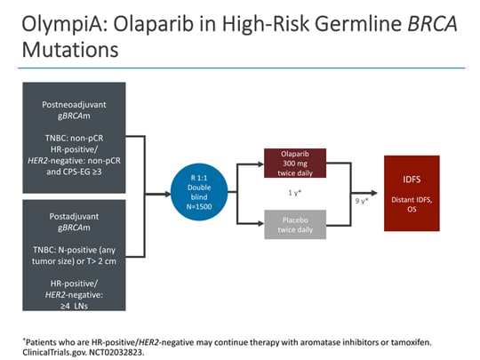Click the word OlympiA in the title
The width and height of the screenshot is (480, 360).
coord(65,25)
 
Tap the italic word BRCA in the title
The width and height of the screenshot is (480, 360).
coord(432,24)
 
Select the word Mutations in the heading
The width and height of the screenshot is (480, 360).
coord(70,50)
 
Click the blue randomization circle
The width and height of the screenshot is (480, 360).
coord(199,192)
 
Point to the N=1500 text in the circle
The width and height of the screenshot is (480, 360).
coord(199,206)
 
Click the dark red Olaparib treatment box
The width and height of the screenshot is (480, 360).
coord(295,164)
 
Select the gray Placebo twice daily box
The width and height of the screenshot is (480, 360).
coord(295,224)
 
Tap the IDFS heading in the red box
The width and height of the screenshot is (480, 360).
coord(412,180)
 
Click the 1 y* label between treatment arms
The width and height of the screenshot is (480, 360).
coord(295,193)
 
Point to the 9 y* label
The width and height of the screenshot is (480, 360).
coord(362,201)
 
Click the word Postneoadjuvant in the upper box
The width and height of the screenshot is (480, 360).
coord(74,105)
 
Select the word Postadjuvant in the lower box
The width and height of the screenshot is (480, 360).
coord(74,216)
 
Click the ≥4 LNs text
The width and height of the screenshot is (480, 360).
coord(74,306)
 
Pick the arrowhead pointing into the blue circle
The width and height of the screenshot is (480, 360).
coord(167,194)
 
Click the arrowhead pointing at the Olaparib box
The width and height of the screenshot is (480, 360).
coord(260,164)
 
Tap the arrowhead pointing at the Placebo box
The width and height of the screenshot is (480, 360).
coord(260,224)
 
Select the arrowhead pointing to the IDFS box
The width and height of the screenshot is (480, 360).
coord(374,193)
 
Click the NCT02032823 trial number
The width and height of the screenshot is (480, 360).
coord(116,352)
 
